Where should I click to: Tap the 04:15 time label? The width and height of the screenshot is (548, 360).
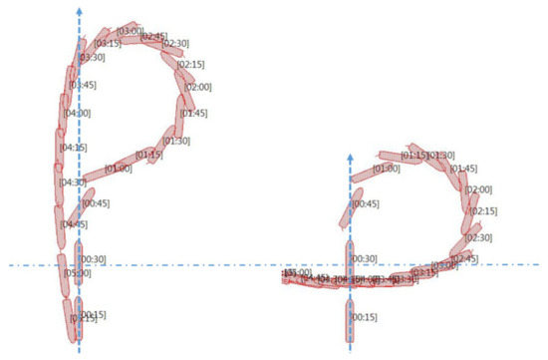click(x=75, y=148)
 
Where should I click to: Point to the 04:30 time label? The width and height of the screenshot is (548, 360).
click(x=74, y=182)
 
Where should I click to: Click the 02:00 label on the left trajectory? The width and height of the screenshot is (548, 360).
click(x=197, y=87)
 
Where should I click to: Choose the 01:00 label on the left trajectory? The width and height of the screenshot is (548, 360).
click(x=118, y=169)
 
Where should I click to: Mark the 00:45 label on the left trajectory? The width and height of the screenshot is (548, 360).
click(x=96, y=203)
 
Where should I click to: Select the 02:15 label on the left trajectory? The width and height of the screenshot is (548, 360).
click(x=190, y=65)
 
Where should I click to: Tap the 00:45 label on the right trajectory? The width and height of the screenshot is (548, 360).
click(x=366, y=203)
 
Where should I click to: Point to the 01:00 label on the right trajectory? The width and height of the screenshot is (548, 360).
click(x=386, y=169)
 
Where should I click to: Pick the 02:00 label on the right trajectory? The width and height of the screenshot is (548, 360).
click(x=478, y=189)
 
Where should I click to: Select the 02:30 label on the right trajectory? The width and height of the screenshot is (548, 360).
click(x=478, y=237)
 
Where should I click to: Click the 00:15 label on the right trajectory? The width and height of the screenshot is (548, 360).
click(x=366, y=316)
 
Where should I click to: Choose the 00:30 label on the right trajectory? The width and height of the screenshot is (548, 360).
click(x=366, y=259)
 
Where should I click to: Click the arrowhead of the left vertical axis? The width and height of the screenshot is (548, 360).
click(x=79, y=9)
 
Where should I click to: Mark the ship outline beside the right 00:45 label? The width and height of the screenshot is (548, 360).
click(x=345, y=209)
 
